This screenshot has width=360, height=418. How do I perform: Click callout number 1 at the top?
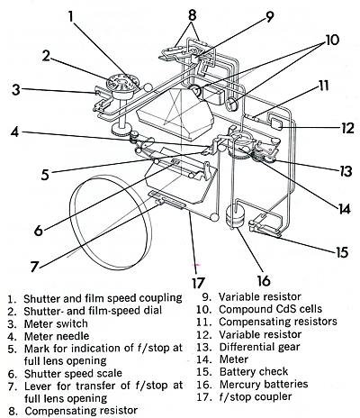pos(70,16)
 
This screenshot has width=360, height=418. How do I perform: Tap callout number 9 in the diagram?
pos(269,16)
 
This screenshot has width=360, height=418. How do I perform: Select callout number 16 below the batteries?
pos(264,281)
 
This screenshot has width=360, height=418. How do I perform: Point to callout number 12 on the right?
pos(347,128)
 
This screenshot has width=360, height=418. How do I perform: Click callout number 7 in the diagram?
pos(35,266)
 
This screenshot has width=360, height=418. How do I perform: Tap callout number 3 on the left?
pos(16,89)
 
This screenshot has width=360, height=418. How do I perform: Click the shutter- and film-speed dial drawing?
pos(121,86)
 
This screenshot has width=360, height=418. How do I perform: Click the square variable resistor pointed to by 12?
pos(276,123)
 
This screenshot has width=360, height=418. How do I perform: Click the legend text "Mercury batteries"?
pos(264,384)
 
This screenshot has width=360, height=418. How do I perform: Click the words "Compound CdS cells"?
pos(270,309)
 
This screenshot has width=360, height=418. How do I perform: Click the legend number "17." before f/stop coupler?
pos(203,397)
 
